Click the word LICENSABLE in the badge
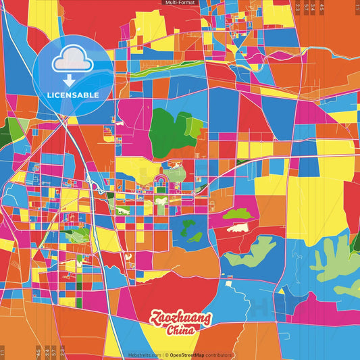73,95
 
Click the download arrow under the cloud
69,80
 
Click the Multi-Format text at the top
179,3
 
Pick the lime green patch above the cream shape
236,214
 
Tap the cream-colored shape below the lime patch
237,228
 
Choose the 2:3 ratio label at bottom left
61,352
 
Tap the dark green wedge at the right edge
355,243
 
